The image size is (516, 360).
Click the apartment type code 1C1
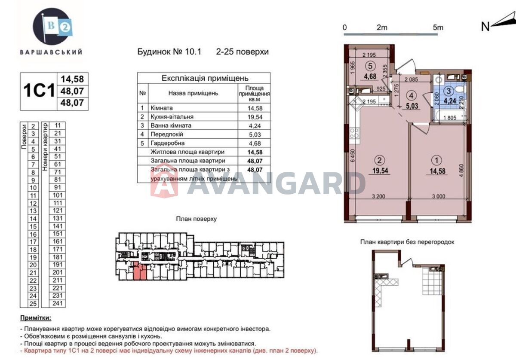[x=38, y=91]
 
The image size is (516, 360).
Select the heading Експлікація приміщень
[x=205, y=78]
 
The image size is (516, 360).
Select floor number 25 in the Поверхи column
[x=33, y=303]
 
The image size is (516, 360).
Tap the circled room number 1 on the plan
[x=437, y=161]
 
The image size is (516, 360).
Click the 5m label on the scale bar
[x=438, y=27]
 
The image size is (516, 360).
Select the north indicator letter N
[x=485, y=27]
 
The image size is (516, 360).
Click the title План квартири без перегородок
[x=407, y=242]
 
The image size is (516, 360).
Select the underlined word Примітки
[x=35, y=318]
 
